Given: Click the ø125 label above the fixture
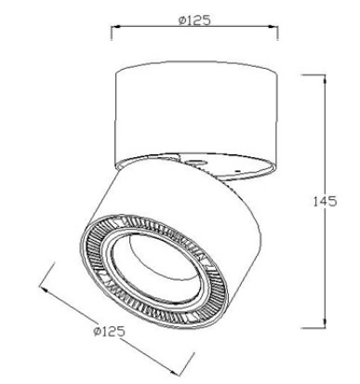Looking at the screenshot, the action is click(x=194, y=20).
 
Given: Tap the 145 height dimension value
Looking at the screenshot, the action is click(x=324, y=202).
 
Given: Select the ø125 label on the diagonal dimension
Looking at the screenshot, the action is click(x=109, y=331).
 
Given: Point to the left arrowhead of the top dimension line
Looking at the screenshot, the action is click(x=115, y=27).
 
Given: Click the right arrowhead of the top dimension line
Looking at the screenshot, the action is click(x=273, y=27).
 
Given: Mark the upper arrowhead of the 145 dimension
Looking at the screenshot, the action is click(x=325, y=79).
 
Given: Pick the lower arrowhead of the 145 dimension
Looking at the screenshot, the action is click(x=325, y=324).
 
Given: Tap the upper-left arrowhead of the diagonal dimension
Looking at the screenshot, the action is click(x=45, y=290).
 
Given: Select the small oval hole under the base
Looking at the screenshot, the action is click(x=194, y=162).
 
